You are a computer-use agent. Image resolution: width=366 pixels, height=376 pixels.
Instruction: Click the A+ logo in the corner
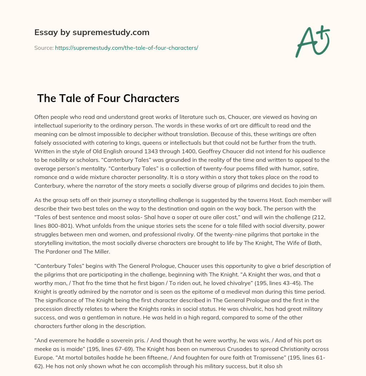tap(312, 41)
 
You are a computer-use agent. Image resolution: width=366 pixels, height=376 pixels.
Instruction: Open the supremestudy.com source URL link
tap(126, 48)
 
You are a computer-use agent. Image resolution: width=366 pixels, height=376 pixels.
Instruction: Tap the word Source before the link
tap(44, 48)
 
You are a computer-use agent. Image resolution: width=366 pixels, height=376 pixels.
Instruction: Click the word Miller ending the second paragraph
tap(102, 252)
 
